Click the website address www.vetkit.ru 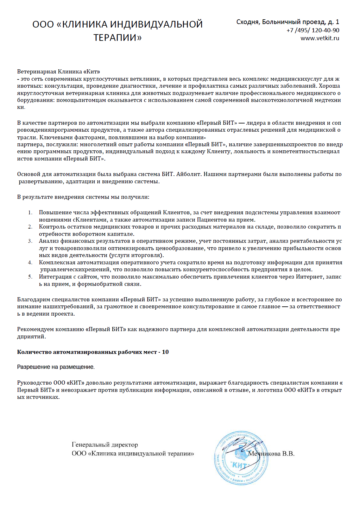click(319, 38)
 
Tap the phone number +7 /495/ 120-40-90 click(313, 30)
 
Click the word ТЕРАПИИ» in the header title click(117, 38)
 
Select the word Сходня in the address click(248, 22)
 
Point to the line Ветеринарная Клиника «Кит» click(59, 72)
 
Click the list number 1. click(30, 213)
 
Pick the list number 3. click(30, 241)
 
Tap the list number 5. click(30, 277)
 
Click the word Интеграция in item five click(55, 277)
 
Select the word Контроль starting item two click(52, 227)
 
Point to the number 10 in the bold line click(165, 352)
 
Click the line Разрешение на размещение click(56, 367)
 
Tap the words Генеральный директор click(105, 445)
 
